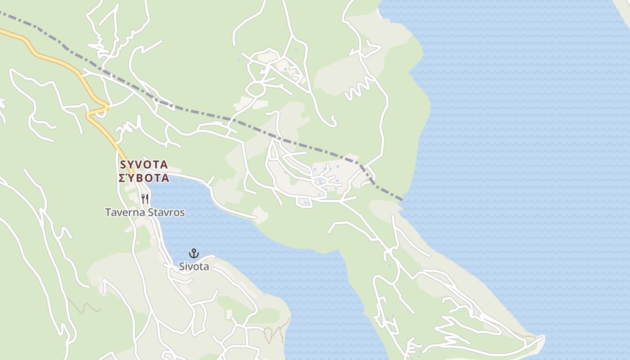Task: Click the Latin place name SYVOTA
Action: pyautogui.click(x=144, y=164)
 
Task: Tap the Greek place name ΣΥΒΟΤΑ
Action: pyautogui.click(x=144, y=178)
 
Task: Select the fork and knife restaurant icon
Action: pyautogui.click(x=145, y=198)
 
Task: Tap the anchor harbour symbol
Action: pyautogui.click(x=194, y=253)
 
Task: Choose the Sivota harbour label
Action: pyautogui.click(x=194, y=266)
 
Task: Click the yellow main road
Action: pyautogui.click(x=54, y=58)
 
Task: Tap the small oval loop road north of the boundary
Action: pyautogui.click(x=255, y=89)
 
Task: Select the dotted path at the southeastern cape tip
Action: pyautogui.click(x=524, y=335)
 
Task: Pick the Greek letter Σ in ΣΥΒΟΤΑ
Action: pyautogui.click(x=121, y=178)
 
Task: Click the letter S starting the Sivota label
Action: pyautogui.click(x=182, y=266)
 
